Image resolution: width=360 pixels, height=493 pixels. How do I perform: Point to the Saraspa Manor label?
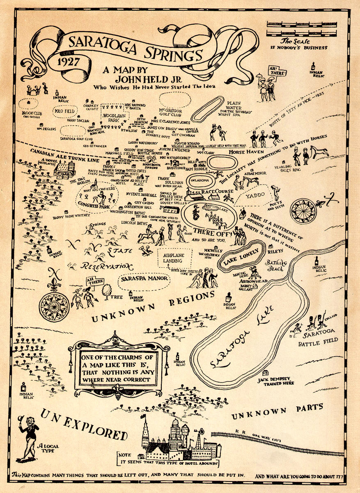click(144, 279)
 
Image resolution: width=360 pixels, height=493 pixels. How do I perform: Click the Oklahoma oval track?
click(202, 180)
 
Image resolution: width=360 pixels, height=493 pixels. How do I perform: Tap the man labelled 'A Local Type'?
click(29, 435)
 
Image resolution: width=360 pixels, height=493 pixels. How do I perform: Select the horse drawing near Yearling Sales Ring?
click(319, 152)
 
